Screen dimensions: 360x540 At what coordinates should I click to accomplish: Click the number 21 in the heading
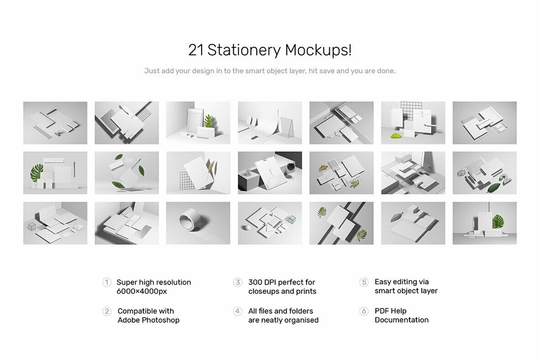click(196, 50)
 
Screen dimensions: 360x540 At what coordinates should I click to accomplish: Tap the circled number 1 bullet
click(107, 282)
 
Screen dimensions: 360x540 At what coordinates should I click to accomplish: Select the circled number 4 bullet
click(238, 311)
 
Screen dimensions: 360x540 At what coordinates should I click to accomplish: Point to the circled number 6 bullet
click(364, 311)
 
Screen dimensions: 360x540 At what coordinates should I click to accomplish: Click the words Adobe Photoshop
click(148, 320)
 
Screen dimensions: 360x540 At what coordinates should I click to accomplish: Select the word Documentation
click(401, 320)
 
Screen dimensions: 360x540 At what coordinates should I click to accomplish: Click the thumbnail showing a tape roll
click(198, 223)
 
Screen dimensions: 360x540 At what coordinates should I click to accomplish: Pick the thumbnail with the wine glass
click(270, 173)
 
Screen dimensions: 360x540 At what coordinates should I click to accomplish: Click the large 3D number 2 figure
click(504, 180)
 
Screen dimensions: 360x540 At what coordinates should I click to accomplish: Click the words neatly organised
click(290, 320)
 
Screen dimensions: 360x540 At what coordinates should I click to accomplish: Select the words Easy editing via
click(401, 282)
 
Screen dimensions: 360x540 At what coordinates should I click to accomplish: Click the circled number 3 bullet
click(238, 282)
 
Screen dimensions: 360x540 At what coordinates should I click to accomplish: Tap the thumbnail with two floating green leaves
click(127, 173)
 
